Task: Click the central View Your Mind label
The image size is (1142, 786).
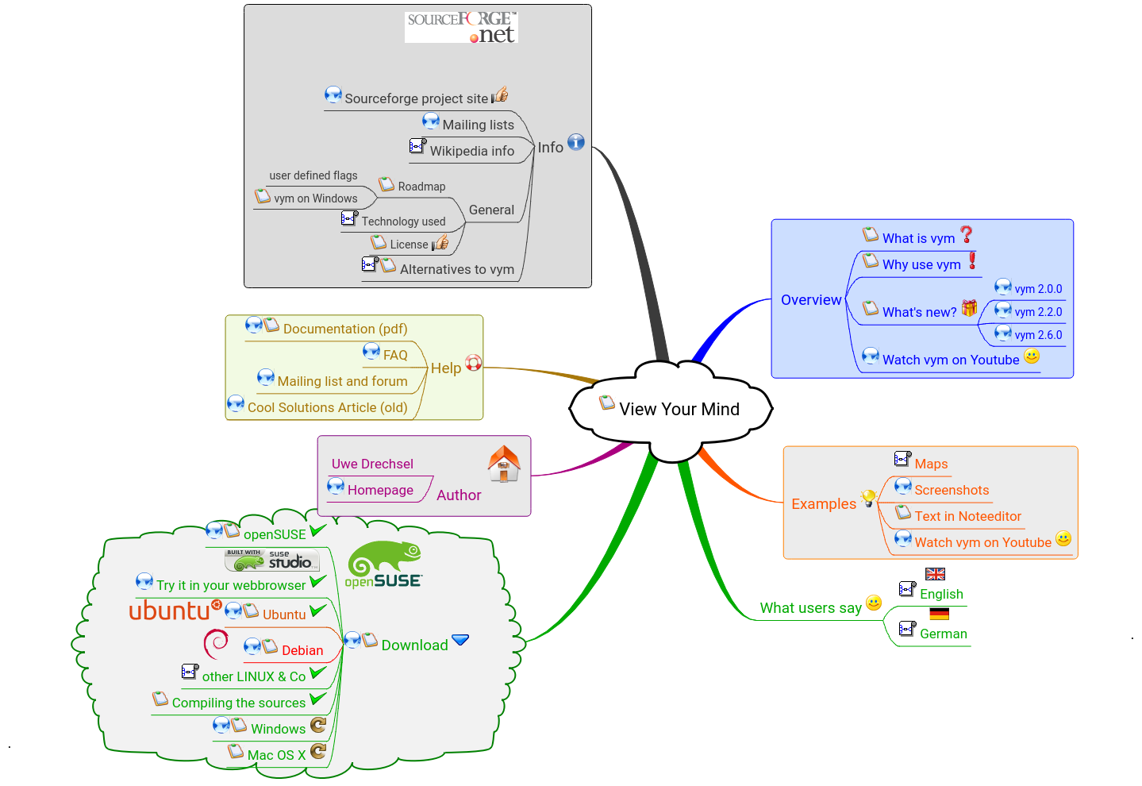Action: pyautogui.click(x=679, y=409)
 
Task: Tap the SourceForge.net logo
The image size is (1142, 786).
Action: pyautogui.click(x=461, y=27)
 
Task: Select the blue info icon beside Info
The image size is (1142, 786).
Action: pyautogui.click(x=576, y=142)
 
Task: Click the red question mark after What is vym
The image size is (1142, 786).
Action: pyautogui.click(x=966, y=234)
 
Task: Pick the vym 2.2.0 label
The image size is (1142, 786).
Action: pyautogui.click(x=1038, y=312)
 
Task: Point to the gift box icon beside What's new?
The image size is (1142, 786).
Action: pyautogui.click(x=970, y=308)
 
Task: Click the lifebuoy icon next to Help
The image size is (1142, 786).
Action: pyautogui.click(x=474, y=363)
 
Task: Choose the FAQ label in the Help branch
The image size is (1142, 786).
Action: pyautogui.click(x=395, y=355)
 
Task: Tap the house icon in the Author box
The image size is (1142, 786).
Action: pyautogui.click(x=504, y=464)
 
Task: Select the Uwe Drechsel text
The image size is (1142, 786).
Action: pyautogui.click(x=372, y=464)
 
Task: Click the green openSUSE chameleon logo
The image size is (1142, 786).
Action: pyautogui.click(x=385, y=564)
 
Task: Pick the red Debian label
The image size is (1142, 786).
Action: pyautogui.click(x=302, y=650)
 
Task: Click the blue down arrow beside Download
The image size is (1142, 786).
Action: pyautogui.click(x=460, y=640)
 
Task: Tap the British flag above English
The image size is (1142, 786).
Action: pyautogui.click(x=936, y=574)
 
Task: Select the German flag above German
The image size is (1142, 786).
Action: pyautogui.click(x=940, y=614)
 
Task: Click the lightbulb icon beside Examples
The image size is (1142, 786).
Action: pyautogui.click(x=869, y=498)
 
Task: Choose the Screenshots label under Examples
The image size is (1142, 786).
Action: pyautogui.click(x=952, y=490)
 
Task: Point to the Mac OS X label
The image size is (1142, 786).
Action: pyautogui.click(x=276, y=755)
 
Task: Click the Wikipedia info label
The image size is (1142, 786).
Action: pyautogui.click(x=471, y=151)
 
